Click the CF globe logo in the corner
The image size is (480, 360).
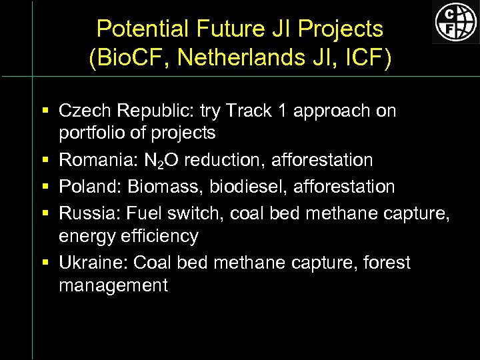tap(455, 21)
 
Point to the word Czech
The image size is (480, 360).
tap(83, 111)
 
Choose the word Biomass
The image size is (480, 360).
tap(162, 187)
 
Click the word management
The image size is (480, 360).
tap(113, 285)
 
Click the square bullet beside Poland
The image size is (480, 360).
tap(43, 187)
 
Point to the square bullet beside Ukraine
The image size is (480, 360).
tap(43, 263)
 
